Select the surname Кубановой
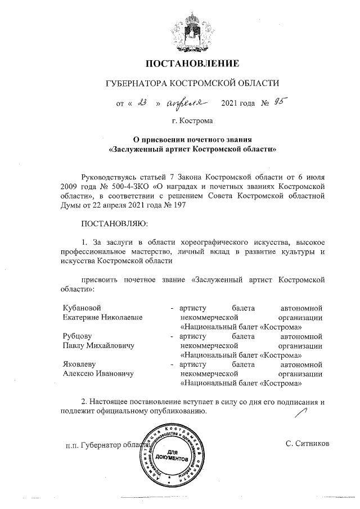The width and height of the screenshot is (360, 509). (82, 308)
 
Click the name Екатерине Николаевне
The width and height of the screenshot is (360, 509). (102, 317)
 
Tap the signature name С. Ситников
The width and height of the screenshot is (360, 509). (307, 444)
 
